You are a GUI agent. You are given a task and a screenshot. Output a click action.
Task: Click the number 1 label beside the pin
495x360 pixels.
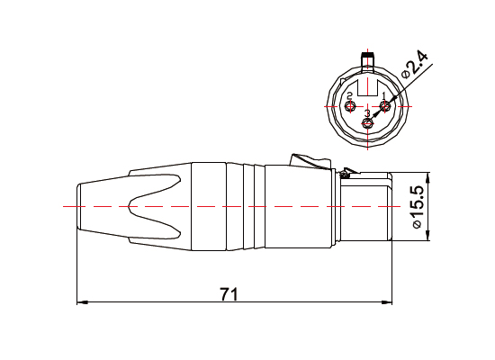383,96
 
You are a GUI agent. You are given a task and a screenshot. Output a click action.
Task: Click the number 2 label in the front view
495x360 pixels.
349,96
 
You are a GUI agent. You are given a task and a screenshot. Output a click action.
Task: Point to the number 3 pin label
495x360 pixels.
366,112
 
